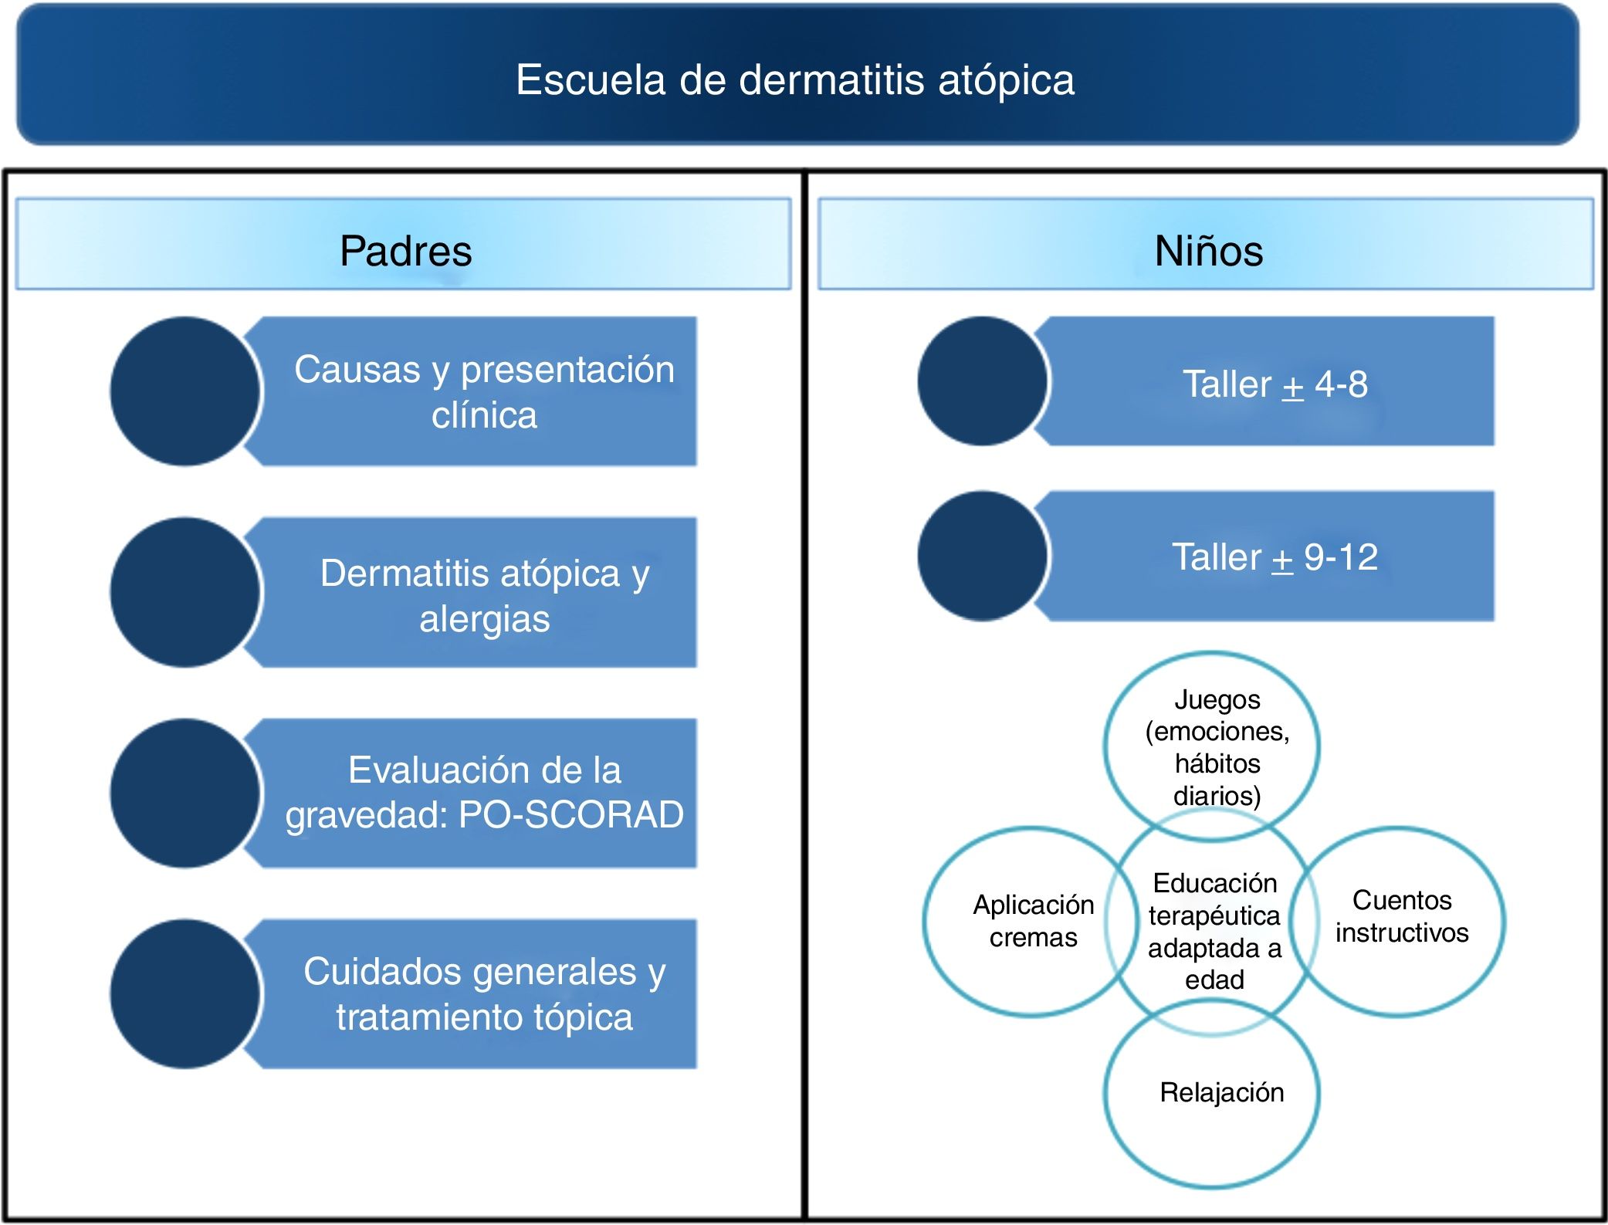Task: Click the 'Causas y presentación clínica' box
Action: [x=483, y=391]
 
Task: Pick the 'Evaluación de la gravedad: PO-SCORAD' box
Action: [x=483, y=793]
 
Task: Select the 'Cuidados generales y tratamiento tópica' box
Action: [x=483, y=993]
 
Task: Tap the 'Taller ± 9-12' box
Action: [x=1274, y=556]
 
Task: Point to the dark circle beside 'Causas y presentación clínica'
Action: [x=184, y=391]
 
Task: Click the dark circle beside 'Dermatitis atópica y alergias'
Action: [x=184, y=593]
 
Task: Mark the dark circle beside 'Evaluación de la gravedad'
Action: [x=184, y=793]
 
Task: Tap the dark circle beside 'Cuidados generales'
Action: [x=184, y=993]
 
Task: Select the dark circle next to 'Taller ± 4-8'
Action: [x=981, y=381]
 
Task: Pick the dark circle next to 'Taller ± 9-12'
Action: [x=981, y=556]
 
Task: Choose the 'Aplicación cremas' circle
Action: [x=1019, y=921]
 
